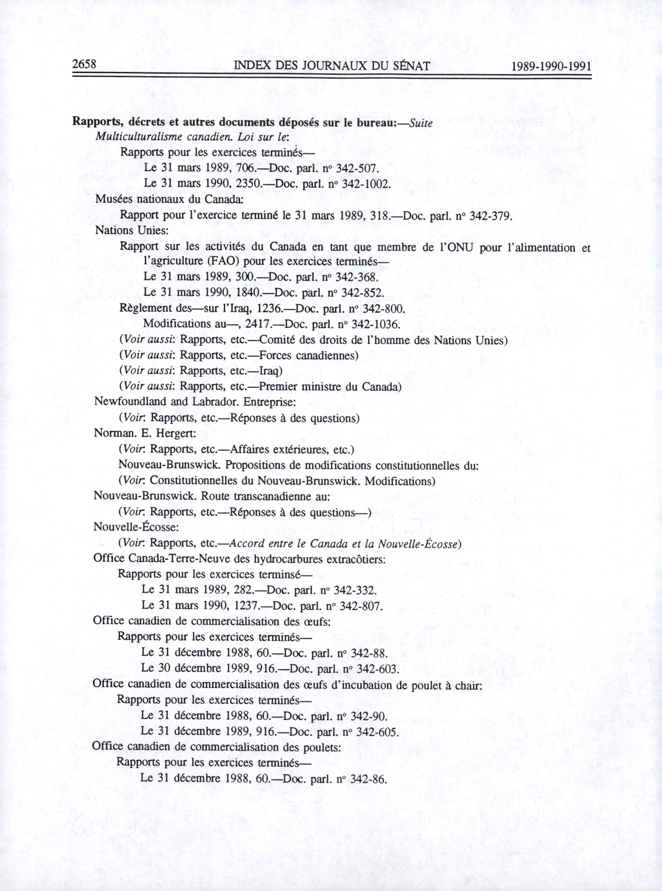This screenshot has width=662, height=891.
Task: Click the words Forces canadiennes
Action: [x=308, y=356]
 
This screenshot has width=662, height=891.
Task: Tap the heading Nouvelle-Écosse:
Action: [x=136, y=527]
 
